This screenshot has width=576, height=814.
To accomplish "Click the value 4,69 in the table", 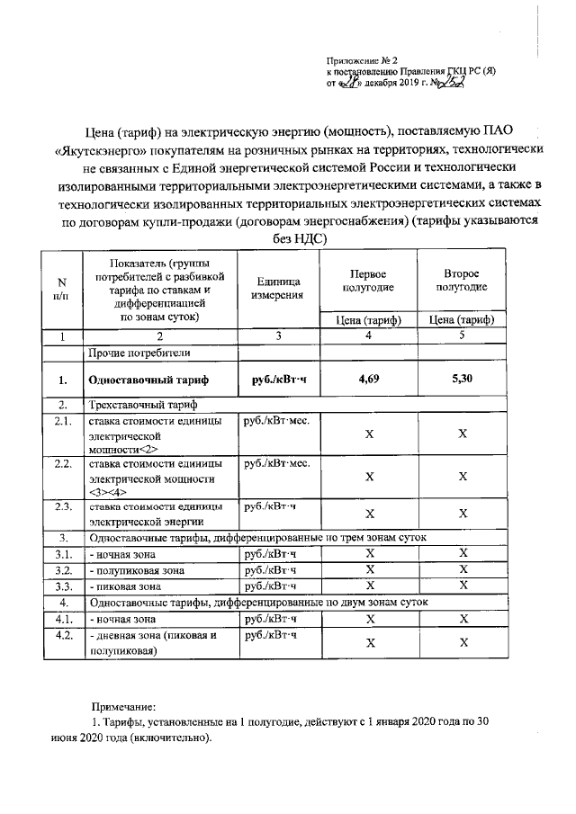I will pyautogui.click(x=367, y=380).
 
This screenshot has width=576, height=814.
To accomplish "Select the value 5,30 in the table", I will pyautogui.click(x=462, y=380).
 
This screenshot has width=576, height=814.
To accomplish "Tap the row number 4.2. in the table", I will pyautogui.click(x=63, y=635).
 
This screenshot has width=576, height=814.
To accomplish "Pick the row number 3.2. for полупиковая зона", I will pyautogui.click(x=63, y=570).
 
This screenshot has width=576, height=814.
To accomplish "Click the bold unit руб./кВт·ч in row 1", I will pyautogui.click(x=276, y=380).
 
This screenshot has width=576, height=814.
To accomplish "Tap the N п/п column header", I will pyautogui.click(x=62, y=288).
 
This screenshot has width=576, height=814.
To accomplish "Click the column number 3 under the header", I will pyautogui.click(x=278, y=336).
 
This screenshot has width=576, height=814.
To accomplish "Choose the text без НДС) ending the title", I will pyautogui.click(x=290, y=238).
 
